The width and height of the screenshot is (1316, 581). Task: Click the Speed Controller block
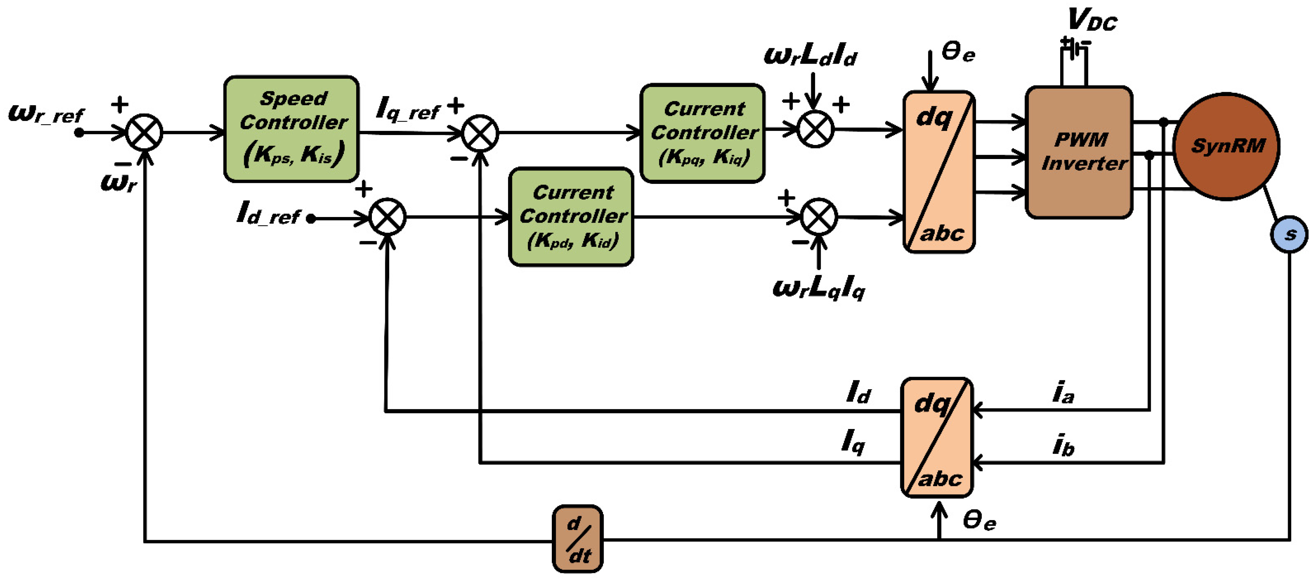pos(292,129)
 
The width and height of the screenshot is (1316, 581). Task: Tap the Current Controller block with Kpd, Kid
pos(571,217)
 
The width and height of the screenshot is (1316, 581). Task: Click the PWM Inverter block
pos(1079,152)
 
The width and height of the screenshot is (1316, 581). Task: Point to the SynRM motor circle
pos(1226,147)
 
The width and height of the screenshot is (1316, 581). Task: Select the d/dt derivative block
pos(578,539)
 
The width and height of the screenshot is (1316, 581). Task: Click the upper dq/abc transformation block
pos(939,172)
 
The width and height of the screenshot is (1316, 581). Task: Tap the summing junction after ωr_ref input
pos(144,133)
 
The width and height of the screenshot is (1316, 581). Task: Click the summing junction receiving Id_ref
pos(388,217)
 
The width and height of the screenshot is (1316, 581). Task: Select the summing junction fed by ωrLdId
pos(815,129)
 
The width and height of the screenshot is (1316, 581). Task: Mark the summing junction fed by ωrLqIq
pos(819,217)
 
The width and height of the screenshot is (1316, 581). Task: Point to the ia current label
pos(1063,393)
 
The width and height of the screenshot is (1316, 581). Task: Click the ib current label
pos(1063,445)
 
